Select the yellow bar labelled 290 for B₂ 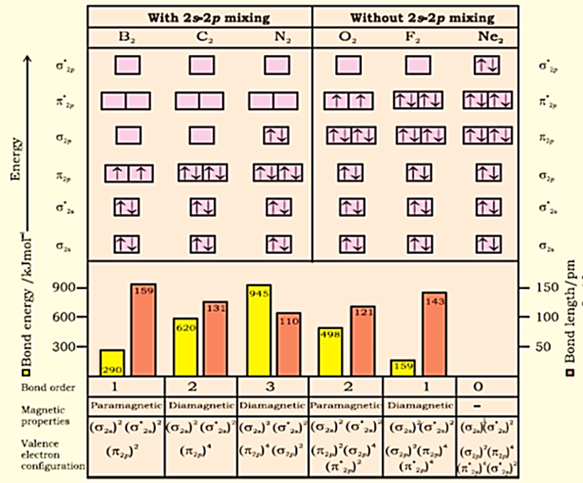(112, 362)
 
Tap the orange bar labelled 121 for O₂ (363, 340)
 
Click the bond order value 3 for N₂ (273, 387)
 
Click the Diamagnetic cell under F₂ (418, 405)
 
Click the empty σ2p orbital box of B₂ (128, 134)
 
